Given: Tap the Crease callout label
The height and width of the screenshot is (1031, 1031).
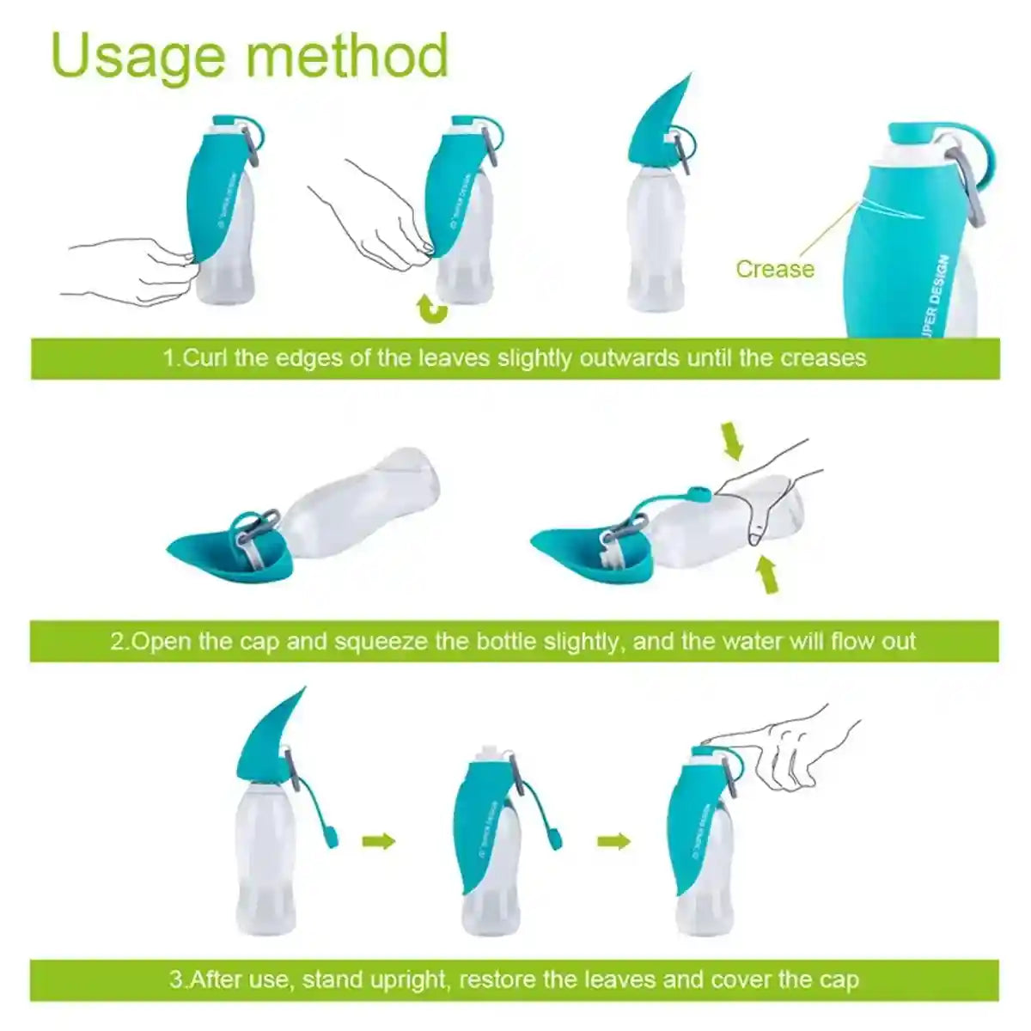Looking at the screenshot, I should [774, 269].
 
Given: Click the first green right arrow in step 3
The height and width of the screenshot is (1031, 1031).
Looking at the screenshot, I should [378, 839].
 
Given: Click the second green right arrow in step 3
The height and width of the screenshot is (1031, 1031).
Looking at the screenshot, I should [613, 839].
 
